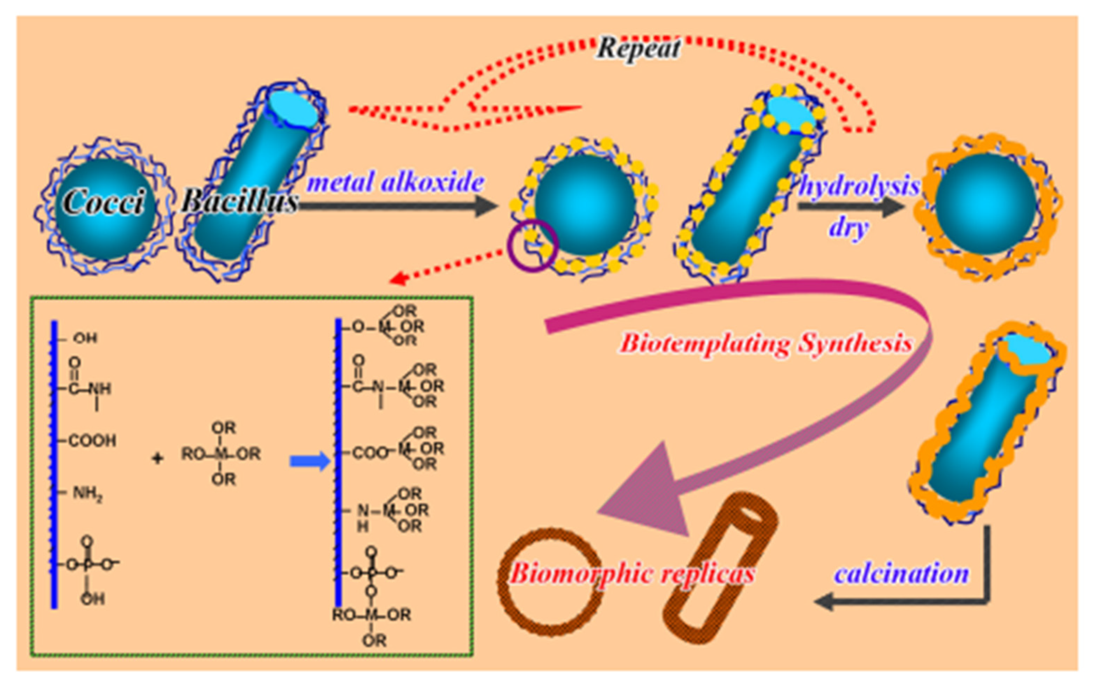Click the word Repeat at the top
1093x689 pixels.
click(x=639, y=48)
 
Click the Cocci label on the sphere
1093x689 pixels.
click(x=104, y=202)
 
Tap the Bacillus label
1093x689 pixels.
click(x=240, y=200)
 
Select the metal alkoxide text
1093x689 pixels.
click(x=396, y=182)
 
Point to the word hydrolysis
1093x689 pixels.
click(x=859, y=186)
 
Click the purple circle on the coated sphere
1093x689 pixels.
click(x=532, y=246)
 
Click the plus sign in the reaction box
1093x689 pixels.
click(x=157, y=458)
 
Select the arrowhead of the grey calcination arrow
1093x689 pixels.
click(x=824, y=602)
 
